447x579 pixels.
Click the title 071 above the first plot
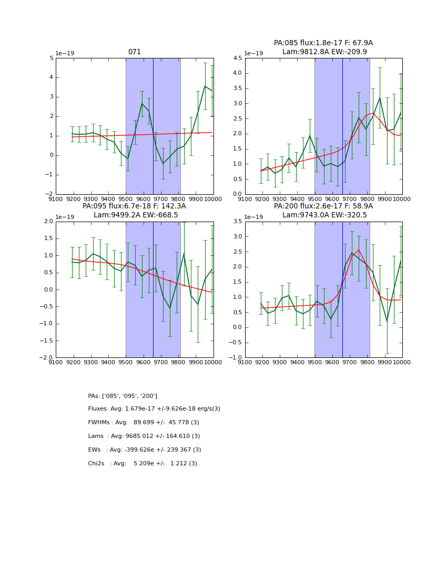(135, 52)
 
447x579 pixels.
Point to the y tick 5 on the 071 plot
(51, 58)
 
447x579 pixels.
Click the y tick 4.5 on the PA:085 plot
(236, 58)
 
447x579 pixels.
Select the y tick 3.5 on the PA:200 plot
(236, 222)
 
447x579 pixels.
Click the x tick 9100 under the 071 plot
(56, 199)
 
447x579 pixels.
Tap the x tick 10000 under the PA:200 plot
(402, 363)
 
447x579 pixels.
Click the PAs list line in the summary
(123, 396)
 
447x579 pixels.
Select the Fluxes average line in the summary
(154, 409)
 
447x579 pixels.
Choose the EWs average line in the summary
(145, 450)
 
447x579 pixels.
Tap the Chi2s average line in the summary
(143, 464)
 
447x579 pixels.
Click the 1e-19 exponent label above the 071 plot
(65, 53)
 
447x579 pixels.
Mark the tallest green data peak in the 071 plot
(205, 86)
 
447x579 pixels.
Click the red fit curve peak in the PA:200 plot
(359, 249)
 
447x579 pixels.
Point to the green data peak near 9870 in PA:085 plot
(380, 97)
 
